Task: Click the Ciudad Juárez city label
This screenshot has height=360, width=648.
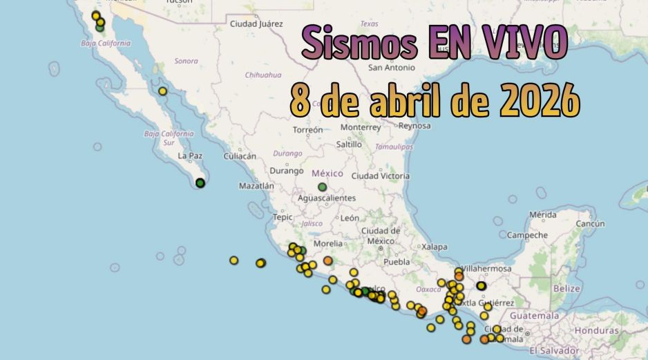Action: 256,23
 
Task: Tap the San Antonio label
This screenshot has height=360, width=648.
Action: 391,68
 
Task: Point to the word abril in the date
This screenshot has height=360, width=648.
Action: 410,102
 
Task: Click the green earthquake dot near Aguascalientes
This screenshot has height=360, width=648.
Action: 322,187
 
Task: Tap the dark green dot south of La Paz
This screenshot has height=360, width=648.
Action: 200,183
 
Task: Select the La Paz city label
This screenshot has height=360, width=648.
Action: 189,156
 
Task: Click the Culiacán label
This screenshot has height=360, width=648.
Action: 240,157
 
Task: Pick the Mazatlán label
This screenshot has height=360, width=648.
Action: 256,186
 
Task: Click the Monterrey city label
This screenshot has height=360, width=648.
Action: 361,127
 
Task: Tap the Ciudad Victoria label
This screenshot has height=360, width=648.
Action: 381,176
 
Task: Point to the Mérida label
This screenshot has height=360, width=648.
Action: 542,215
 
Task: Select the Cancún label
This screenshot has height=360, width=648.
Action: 591,223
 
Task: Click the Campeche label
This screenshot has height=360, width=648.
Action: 527,235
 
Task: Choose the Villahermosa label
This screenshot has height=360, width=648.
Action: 486,269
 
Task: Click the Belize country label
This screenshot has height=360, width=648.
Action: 566,287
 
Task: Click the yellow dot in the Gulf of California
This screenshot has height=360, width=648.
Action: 162,91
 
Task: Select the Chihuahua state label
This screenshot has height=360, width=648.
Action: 263,75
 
